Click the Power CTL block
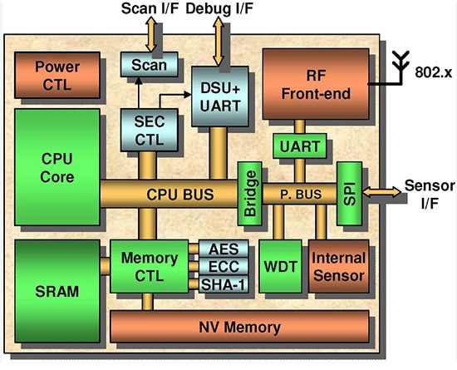click(x=56, y=76)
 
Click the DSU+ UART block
click(x=219, y=93)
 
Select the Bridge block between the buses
click(x=249, y=194)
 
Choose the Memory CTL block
click(x=150, y=264)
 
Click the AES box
click(x=222, y=249)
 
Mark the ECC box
click(x=222, y=267)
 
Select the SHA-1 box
click(x=222, y=284)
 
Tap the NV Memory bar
click(x=243, y=326)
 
